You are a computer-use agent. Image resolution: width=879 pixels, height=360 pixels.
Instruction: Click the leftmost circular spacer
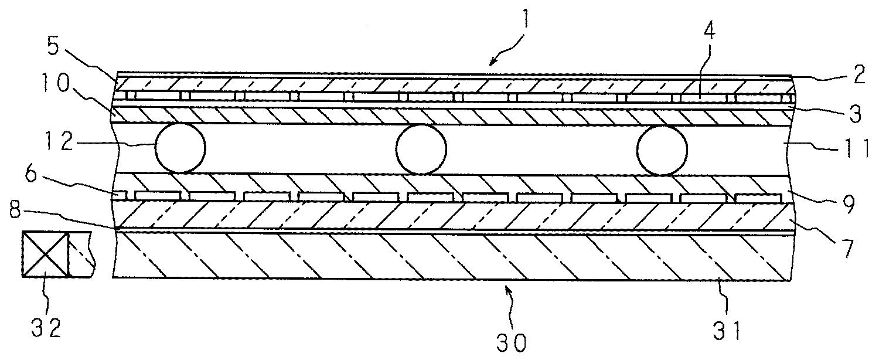click(180, 147)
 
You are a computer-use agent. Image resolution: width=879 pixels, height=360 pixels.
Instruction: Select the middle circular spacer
click(421, 150)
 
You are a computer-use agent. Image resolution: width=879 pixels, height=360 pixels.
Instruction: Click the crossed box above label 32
click(45, 254)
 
